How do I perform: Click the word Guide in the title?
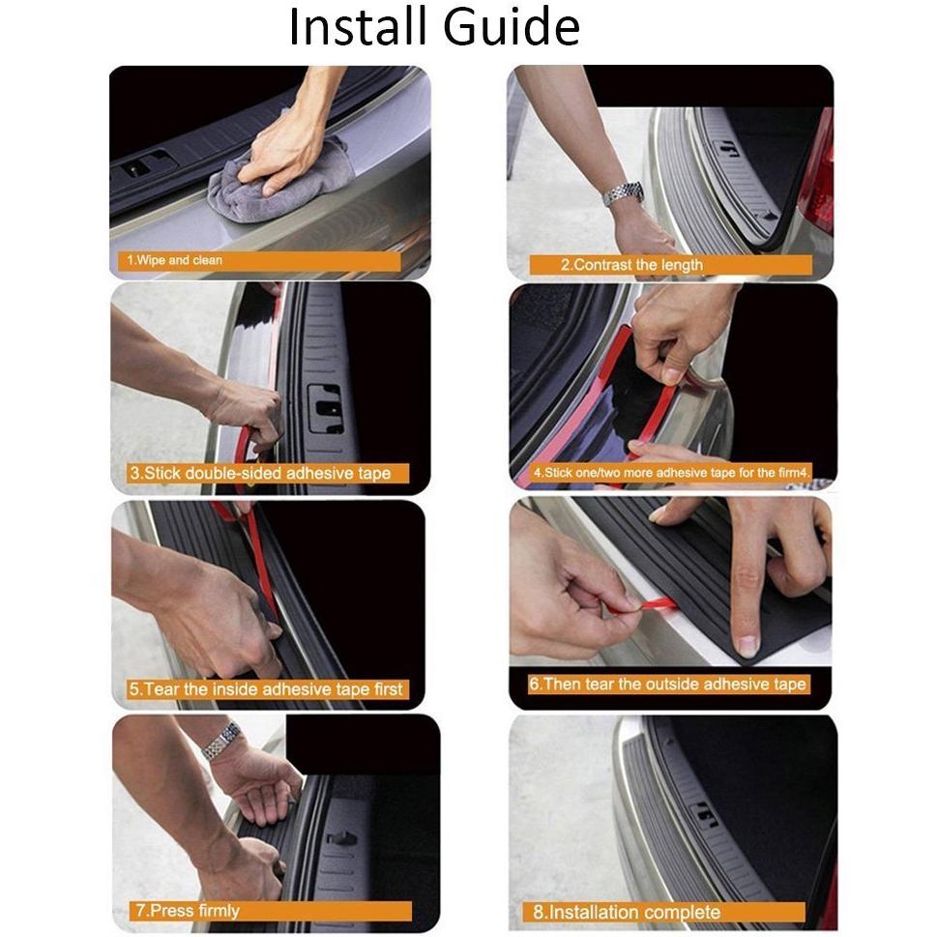pyautogui.click(x=512, y=27)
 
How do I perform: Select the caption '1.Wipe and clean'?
pyautogui.click(x=174, y=260)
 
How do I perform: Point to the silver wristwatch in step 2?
pyautogui.click(x=623, y=193)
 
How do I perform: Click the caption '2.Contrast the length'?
pyautogui.click(x=631, y=265)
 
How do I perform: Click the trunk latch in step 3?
pyautogui.click(x=326, y=408)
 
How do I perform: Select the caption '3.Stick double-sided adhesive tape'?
pyautogui.click(x=260, y=473)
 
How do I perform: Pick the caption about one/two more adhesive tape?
pyautogui.click(x=671, y=473)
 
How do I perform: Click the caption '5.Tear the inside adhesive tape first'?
pyautogui.click(x=266, y=689)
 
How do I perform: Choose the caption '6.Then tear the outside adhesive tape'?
pyautogui.click(x=667, y=684)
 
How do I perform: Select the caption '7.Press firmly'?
pyautogui.click(x=188, y=910)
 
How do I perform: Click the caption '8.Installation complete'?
pyautogui.click(x=627, y=912)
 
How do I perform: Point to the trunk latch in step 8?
pyautogui.click(x=703, y=813)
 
